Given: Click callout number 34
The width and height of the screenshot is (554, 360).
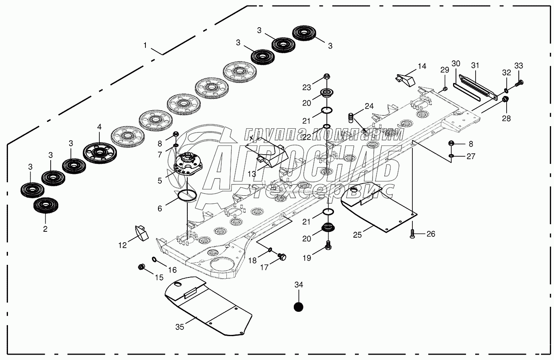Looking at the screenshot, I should coord(298,285).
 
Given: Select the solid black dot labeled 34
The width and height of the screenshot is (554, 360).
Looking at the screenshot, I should coord(298,307).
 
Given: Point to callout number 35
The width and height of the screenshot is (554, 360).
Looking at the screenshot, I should coord(179,327).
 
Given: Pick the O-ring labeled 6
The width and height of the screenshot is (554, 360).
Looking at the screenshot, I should coord(187,195).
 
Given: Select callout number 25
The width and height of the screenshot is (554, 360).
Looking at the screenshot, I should coord(357,234).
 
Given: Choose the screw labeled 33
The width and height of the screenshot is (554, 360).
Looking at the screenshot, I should coord(521,83).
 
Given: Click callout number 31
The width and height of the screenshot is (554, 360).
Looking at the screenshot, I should coord(474,65).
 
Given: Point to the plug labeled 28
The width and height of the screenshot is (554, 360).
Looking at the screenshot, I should coord(505,100).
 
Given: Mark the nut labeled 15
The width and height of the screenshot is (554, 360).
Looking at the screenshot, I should coord(142,267).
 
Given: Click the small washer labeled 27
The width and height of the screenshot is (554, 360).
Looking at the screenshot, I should coord(451,156).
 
